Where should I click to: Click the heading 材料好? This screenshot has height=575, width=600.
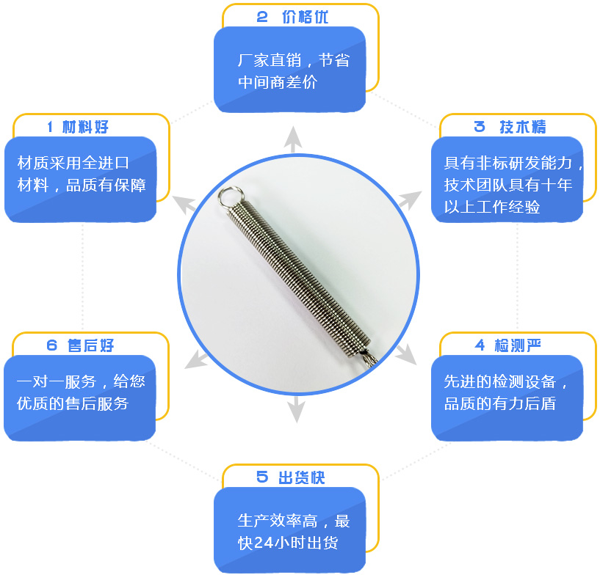(85, 127)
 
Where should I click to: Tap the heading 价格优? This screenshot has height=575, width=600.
(305, 17)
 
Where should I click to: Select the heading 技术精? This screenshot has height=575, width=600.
(523, 127)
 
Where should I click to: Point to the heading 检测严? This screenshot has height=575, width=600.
(517, 345)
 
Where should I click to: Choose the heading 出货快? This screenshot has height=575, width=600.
(302, 477)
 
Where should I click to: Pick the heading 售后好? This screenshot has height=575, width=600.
(90, 345)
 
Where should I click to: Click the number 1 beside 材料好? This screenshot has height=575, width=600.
(50, 127)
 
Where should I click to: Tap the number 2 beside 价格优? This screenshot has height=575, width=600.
(262, 17)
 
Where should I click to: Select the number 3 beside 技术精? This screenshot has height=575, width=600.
(480, 127)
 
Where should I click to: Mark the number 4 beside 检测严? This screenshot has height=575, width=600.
(480, 345)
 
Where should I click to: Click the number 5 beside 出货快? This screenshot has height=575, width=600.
(262, 477)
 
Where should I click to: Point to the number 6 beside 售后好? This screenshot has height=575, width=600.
(51, 345)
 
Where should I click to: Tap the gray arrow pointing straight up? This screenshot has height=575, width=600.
(293, 139)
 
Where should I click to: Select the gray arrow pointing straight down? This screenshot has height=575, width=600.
(296, 409)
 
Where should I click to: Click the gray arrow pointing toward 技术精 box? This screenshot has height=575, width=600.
(410, 199)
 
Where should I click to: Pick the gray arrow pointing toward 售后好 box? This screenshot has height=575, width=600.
(197, 360)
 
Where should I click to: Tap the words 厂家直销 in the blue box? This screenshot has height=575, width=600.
(270, 60)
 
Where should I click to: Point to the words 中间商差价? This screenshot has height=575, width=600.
(278, 82)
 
